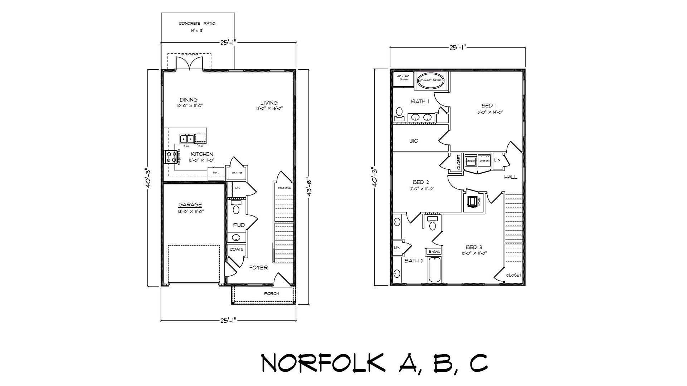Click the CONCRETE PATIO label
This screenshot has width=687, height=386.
tap(197, 24)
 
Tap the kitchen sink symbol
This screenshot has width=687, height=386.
tap(186, 138)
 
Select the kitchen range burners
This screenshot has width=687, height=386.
tap(170, 157)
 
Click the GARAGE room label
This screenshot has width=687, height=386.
tap(190, 205)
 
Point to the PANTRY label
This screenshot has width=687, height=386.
tap(237, 173)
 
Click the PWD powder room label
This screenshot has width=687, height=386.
tap(239, 225)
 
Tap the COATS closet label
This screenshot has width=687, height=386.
tap(237, 249)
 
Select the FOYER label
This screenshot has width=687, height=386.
tap(258, 268)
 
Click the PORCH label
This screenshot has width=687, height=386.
tap(271, 294)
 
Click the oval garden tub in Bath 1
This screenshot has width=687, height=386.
tap(431, 81)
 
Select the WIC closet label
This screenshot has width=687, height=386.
tap(413, 141)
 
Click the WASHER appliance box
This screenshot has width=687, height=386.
tap(471, 161)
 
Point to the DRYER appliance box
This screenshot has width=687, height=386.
tap(484, 161)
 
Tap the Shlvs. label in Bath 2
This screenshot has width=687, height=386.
tap(433, 252)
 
